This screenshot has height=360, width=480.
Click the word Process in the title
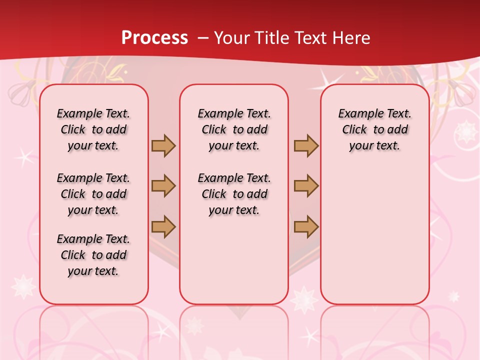[154, 38]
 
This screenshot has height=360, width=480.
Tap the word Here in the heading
[352, 38]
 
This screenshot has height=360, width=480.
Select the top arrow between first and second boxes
[163, 145]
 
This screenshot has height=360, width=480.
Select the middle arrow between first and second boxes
[163, 186]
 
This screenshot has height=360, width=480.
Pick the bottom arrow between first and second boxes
[163, 226]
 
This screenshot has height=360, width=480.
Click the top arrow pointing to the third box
[306, 145]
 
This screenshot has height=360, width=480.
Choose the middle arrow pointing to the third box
[306, 186]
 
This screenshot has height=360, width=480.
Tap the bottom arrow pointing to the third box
[306, 226]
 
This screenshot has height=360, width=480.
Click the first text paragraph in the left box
[93, 129]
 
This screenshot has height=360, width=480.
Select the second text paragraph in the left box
[93, 194]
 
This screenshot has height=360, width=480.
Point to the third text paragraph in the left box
[93, 255]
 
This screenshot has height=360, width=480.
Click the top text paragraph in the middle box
[234, 129]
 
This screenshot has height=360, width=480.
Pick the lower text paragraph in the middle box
[234, 194]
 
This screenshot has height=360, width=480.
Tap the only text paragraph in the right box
[374, 129]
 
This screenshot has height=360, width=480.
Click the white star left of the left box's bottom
[23, 287]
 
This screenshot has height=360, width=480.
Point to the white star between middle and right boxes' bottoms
[304, 299]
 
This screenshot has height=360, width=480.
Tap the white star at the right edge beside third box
[467, 131]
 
